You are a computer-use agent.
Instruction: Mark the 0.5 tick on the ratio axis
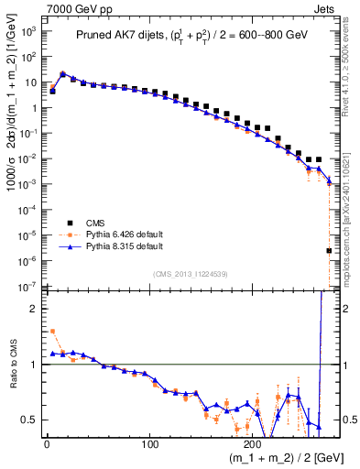[x=29, y=420]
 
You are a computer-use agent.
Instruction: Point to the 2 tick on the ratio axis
[x=35, y=309]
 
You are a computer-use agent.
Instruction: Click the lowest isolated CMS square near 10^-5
[x=329, y=250]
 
